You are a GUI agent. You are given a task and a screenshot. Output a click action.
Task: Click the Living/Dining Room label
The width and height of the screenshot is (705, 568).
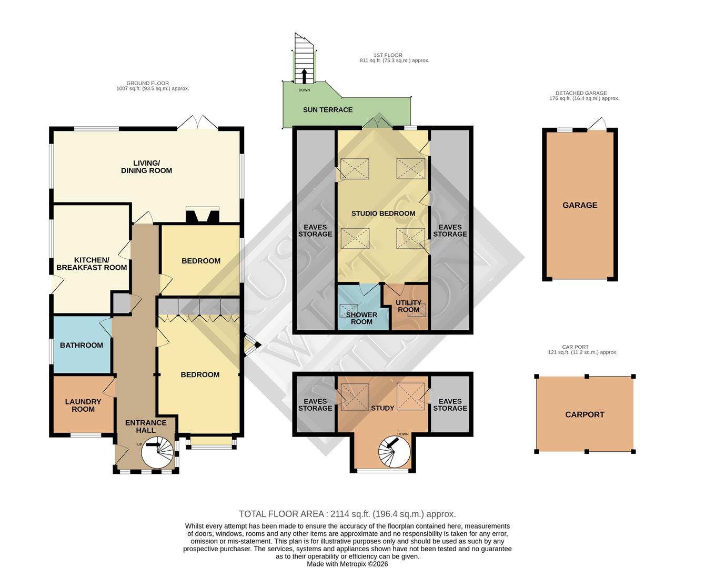click(x=146, y=167)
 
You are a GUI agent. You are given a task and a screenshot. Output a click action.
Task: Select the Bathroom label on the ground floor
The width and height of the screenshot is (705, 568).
click(x=82, y=345)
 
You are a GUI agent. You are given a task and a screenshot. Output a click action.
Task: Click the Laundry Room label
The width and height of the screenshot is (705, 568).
click(x=83, y=405)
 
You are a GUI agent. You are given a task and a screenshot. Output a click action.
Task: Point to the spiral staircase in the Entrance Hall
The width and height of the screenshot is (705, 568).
click(x=158, y=452)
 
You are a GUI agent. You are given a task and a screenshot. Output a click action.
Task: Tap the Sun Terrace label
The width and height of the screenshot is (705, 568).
click(x=328, y=109)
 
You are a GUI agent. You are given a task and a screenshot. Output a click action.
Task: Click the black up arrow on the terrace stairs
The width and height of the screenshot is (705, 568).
click(x=303, y=76)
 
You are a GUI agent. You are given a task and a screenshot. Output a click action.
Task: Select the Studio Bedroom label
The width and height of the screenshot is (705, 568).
click(x=383, y=213)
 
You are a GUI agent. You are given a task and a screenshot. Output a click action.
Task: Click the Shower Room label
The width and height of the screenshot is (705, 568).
click(x=361, y=318)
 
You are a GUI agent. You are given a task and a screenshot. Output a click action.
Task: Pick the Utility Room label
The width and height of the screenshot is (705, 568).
click(x=409, y=306)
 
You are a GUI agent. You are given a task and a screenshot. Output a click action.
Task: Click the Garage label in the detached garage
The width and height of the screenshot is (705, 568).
click(x=580, y=205)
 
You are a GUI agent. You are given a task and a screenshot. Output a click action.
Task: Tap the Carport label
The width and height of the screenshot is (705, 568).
click(x=585, y=414)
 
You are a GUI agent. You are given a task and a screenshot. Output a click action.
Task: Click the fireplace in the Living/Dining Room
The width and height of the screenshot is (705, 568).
click(x=202, y=216)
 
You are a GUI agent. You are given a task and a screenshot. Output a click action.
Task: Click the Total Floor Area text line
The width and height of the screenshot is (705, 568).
click(x=347, y=514)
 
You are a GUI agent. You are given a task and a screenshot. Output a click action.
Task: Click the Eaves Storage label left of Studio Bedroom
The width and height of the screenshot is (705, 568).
click(x=315, y=230)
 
